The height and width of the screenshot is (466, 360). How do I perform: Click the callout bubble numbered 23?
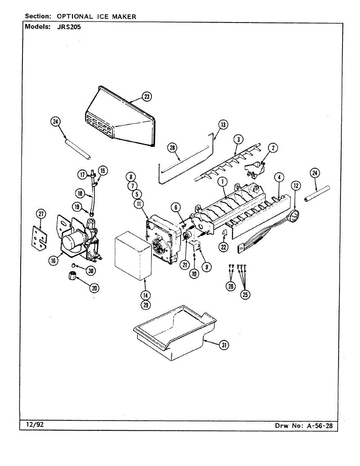(x=146, y=97)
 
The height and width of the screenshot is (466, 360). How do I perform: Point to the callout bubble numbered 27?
(x=41, y=213)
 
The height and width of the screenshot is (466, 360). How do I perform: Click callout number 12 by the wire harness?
(x=296, y=186)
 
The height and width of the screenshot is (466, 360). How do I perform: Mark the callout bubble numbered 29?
(x=146, y=305)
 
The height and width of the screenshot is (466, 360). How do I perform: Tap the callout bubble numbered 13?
(x=223, y=125)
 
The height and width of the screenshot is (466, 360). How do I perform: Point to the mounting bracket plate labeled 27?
(x=39, y=237)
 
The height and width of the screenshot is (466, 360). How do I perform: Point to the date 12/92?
(x=35, y=424)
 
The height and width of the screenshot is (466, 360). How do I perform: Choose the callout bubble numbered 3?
(x=238, y=139)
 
